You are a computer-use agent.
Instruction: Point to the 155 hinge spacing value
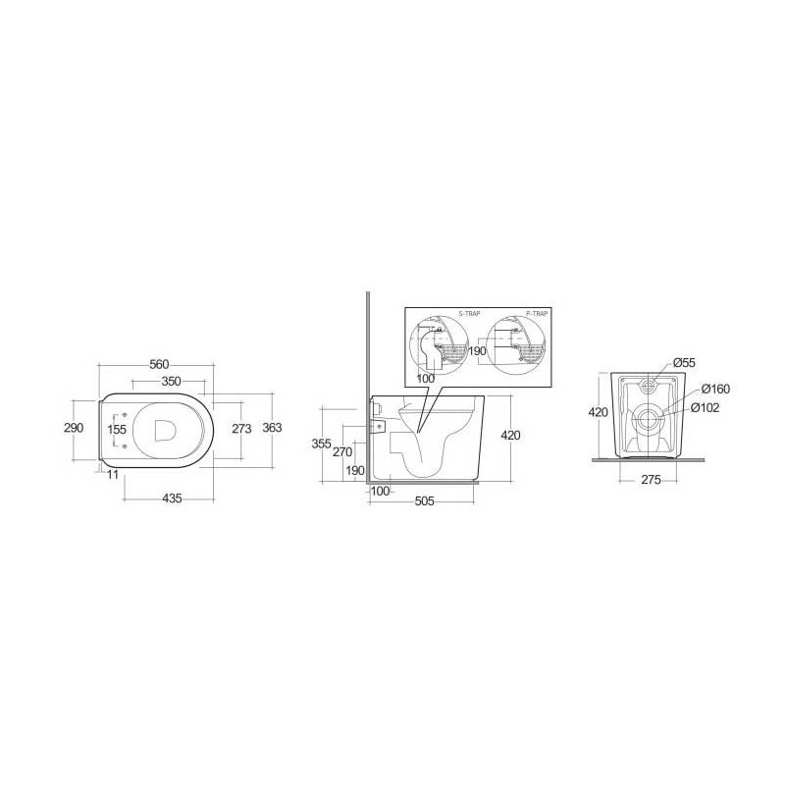pyautogui.click(x=117, y=429)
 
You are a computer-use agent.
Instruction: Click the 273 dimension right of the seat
pyautogui.click(x=241, y=429)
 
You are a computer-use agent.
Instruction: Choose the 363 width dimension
pyautogui.click(x=273, y=429)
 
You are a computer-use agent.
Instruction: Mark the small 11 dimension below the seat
pyautogui.click(x=113, y=474)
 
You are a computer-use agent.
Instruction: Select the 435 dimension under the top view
pyautogui.click(x=171, y=499)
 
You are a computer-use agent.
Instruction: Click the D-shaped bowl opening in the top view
pyautogui.click(x=165, y=429)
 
